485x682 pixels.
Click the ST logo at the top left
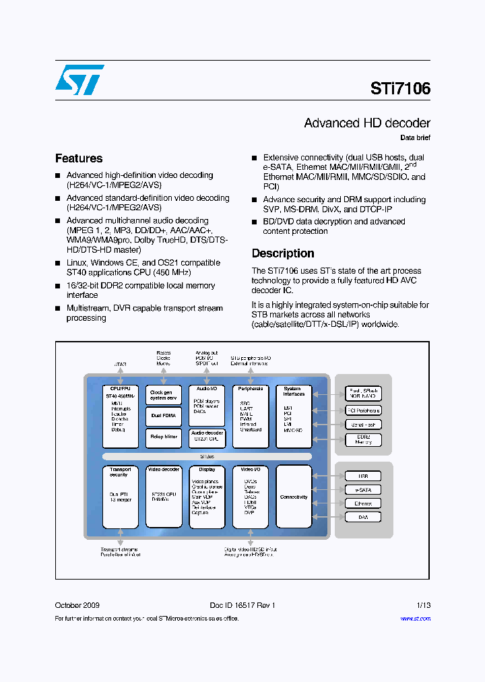point(79,80)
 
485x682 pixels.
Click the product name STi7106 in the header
point(400,88)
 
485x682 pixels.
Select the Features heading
point(79,158)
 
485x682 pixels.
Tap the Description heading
point(283,253)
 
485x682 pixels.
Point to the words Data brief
point(415,138)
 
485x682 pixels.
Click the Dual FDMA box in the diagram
point(164,416)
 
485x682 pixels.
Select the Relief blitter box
point(164,437)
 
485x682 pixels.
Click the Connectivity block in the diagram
point(294,497)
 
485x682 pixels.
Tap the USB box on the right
point(363,476)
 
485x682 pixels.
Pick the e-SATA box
point(363,490)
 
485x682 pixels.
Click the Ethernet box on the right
point(363,503)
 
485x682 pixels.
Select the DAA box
point(363,517)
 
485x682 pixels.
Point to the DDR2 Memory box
point(363,439)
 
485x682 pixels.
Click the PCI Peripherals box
point(363,410)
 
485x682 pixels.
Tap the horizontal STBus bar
point(207,456)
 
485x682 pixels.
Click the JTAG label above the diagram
point(120,365)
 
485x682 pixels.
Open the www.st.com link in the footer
point(415,619)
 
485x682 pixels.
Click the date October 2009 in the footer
point(77,605)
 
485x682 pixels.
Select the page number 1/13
point(422,605)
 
